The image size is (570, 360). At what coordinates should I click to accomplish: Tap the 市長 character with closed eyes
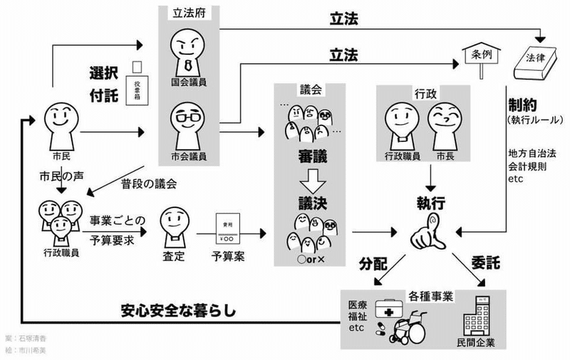(x=444, y=122)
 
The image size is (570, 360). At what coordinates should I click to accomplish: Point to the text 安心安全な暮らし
(x=184, y=311)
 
